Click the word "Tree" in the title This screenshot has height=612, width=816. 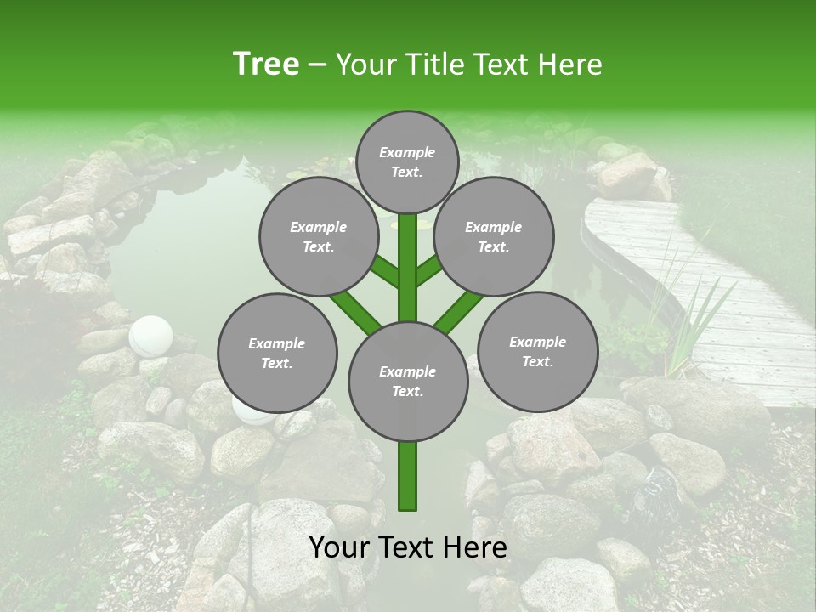[266, 64]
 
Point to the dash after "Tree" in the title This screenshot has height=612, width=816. [317, 65]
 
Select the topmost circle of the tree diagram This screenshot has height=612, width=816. [407, 161]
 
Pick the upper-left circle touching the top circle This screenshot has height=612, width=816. [318, 236]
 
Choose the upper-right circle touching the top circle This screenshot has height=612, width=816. [494, 236]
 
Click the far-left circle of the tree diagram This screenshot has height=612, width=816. [277, 353]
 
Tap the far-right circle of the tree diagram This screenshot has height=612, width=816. [538, 351]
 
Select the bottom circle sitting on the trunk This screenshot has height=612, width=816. [408, 381]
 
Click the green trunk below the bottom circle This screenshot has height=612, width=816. [408, 476]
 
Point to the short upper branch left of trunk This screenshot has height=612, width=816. [387, 272]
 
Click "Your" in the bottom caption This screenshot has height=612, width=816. [340, 547]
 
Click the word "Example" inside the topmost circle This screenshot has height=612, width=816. [407, 152]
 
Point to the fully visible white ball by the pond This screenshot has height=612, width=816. [150, 336]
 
